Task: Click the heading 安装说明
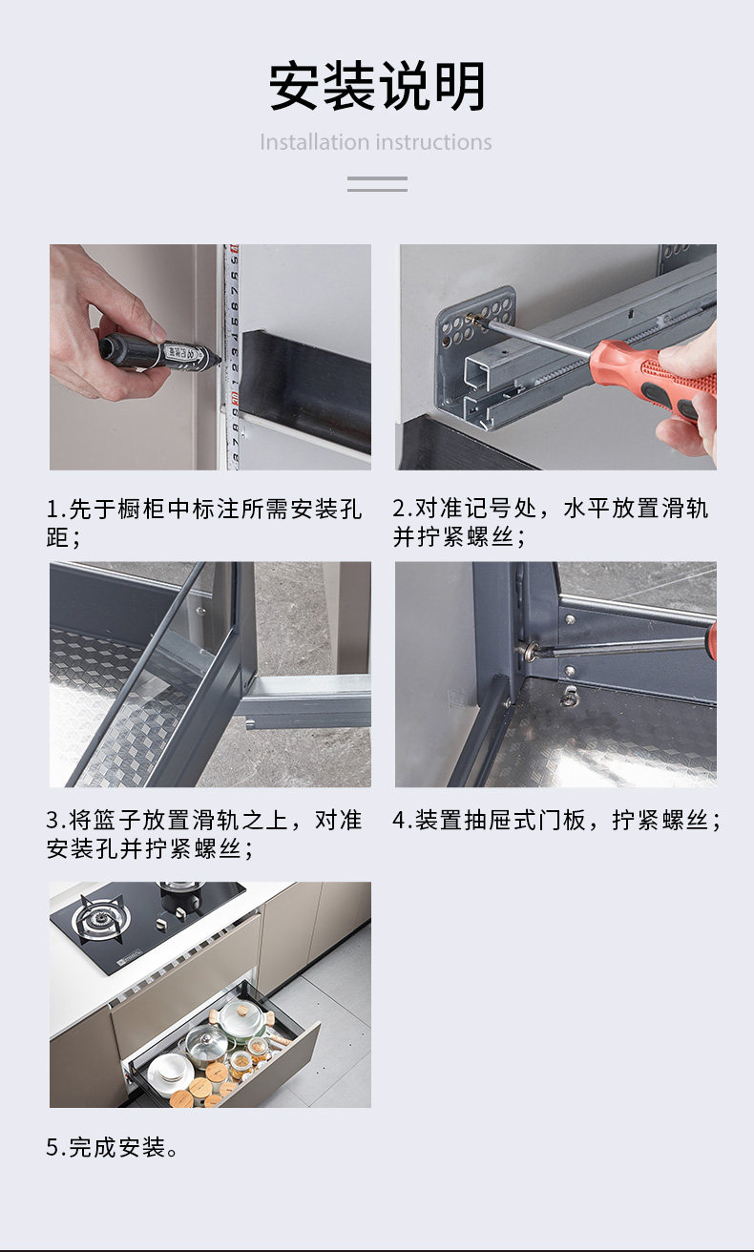(x=377, y=86)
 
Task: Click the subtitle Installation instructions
(x=376, y=142)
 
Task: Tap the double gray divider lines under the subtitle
(x=377, y=184)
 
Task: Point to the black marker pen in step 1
(x=158, y=352)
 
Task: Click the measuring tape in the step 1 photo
(x=232, y=357)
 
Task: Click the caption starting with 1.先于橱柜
(x=204, y=524)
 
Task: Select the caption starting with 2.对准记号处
(x=551, y=523)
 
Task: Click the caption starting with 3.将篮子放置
(x=204, y=834)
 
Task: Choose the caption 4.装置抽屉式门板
(x=556, y=821)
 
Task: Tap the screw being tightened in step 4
(x=527, y=650)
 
